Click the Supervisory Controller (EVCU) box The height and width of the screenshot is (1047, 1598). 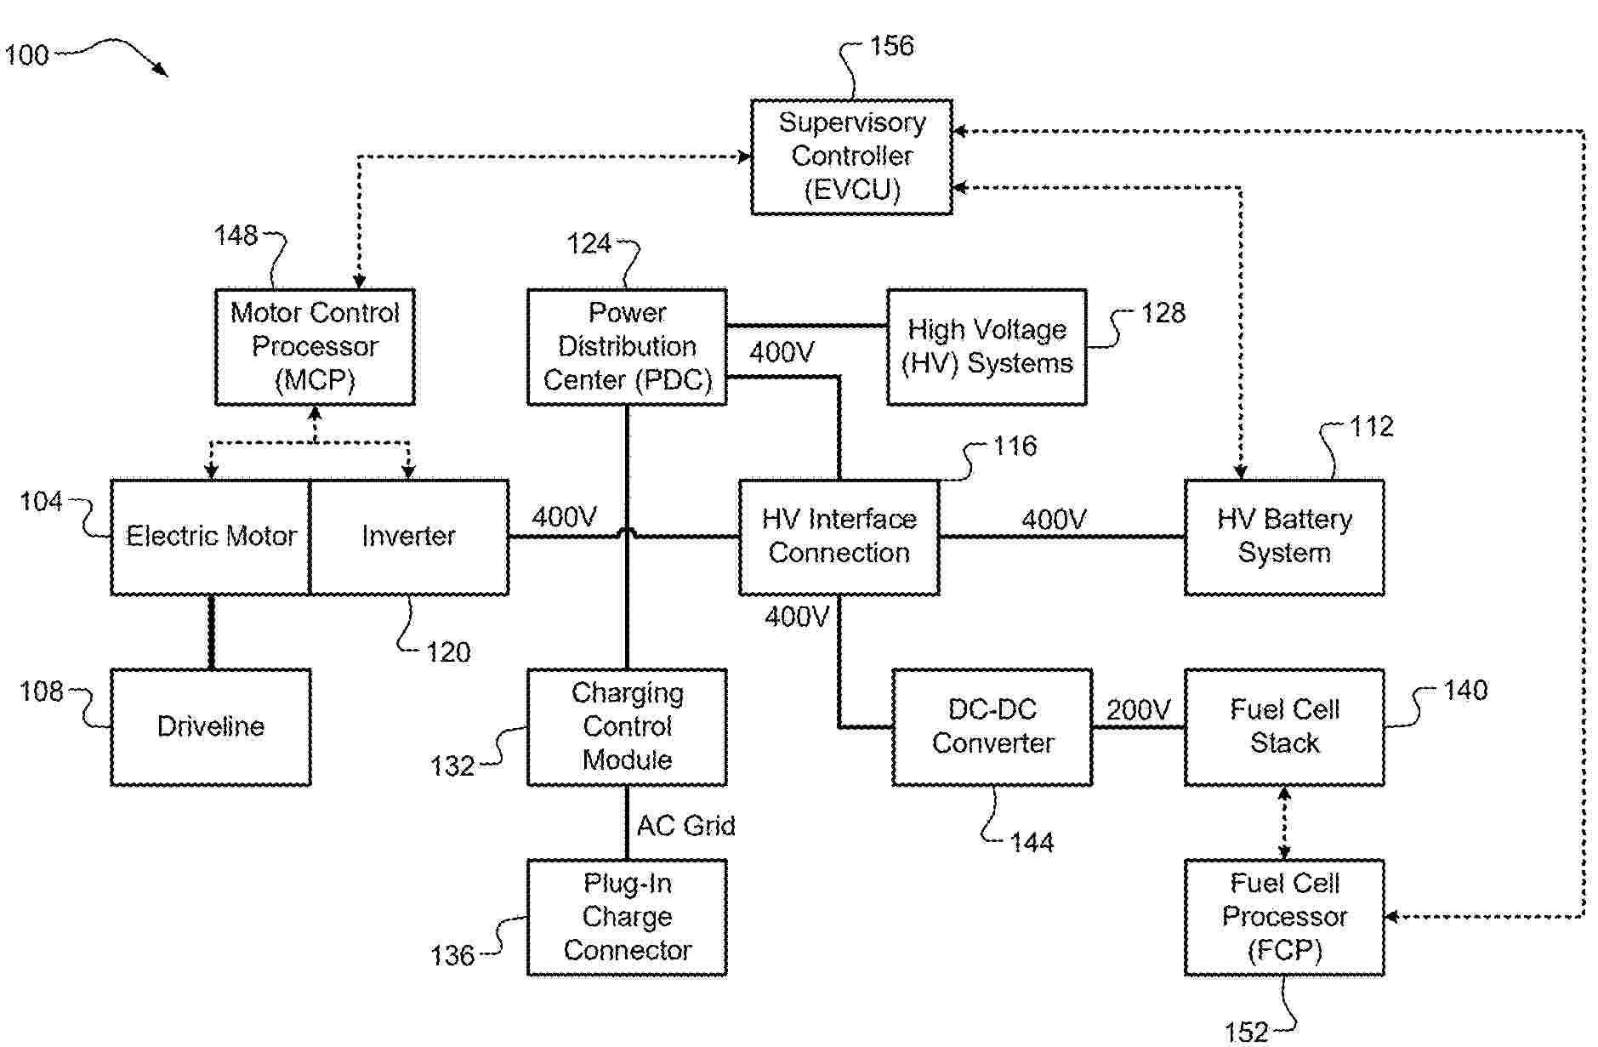(851, 156)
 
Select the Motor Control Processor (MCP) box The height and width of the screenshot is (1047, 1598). (315, 346)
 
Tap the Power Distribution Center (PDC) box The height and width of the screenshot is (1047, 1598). (627, 346)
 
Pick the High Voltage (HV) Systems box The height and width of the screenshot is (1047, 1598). (987, 346)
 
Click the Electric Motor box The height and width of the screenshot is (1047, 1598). (211, 537)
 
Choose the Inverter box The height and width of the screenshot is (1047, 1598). (409, 537)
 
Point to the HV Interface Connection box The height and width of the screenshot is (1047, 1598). (839, 537)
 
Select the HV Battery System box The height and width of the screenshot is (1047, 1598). (1284, 537)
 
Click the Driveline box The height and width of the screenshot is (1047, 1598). (211, 726)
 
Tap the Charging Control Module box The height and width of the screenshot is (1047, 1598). (627, 726)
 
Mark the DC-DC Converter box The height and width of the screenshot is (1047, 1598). (992, 726)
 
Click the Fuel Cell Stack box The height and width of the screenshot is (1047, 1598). (1284, 726)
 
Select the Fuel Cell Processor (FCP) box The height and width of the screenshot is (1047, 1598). (1284, 917)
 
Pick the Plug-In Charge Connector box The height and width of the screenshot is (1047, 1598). (627, 917)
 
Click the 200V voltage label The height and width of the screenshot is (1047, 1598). (1138, 709)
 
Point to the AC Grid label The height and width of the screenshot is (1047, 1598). (685, 825)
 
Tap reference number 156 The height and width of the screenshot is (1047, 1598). (891, 46)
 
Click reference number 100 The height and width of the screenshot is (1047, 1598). (27, 55)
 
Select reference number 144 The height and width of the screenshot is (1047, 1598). (1032, 842)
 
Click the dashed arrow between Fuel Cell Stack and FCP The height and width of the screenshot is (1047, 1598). (1284, 822)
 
